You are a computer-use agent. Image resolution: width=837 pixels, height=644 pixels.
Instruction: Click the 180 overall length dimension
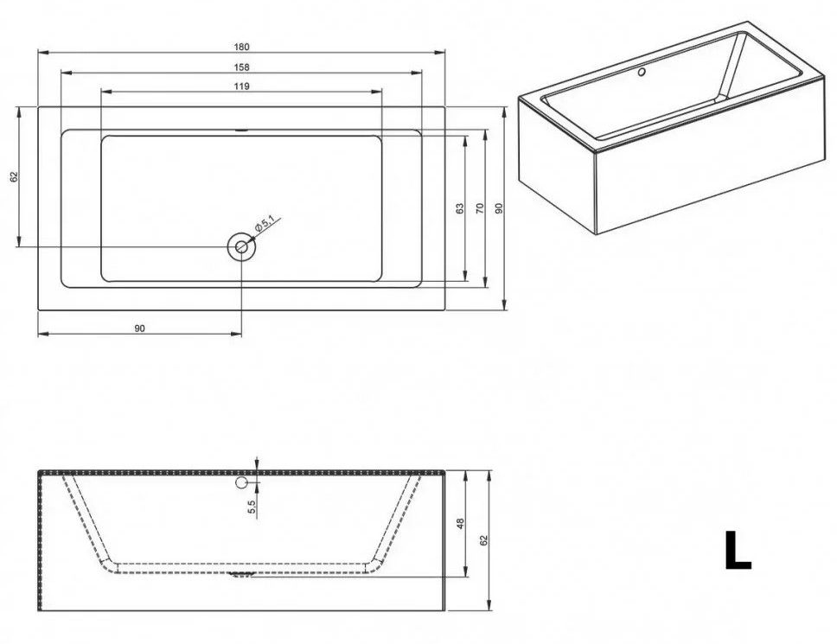(x=241, y=47)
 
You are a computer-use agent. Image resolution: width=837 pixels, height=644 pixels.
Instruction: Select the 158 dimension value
(x=241, y=67)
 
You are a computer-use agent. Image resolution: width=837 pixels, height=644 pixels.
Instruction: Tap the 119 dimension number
(x=241, y=86)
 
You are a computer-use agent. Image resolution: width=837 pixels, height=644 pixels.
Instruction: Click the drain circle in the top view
(x=241, y=247)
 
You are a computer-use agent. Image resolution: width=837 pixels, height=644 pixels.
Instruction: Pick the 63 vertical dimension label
(x=460, y=208)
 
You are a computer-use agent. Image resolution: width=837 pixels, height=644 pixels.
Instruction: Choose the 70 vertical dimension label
(x=479, y=208)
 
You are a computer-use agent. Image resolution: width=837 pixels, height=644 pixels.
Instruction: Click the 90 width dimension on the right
(x=499, y=208)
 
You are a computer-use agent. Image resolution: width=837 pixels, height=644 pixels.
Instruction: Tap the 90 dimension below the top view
(x=139, y=328)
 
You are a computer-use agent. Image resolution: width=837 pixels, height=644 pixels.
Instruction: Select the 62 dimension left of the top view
(x=15, y=176)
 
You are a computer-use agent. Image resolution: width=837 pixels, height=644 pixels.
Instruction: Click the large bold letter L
(x=738, y=550)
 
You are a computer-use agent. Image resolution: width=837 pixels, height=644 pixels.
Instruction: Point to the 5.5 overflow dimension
(x=252, y=507)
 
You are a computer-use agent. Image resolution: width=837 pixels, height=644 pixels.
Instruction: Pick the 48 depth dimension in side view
(x=461, y=524)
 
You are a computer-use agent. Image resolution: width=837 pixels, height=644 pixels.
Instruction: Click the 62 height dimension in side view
(x=484, y=540)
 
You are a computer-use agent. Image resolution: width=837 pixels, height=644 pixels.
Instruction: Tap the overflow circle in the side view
(x=241, y=483)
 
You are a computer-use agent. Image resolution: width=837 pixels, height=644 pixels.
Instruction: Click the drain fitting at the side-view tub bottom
(x=241, y=574)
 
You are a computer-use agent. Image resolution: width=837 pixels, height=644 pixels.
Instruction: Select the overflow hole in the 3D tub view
(x=642, y=72)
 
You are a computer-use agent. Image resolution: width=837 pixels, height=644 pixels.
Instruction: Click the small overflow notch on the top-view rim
(x=242, y=129)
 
